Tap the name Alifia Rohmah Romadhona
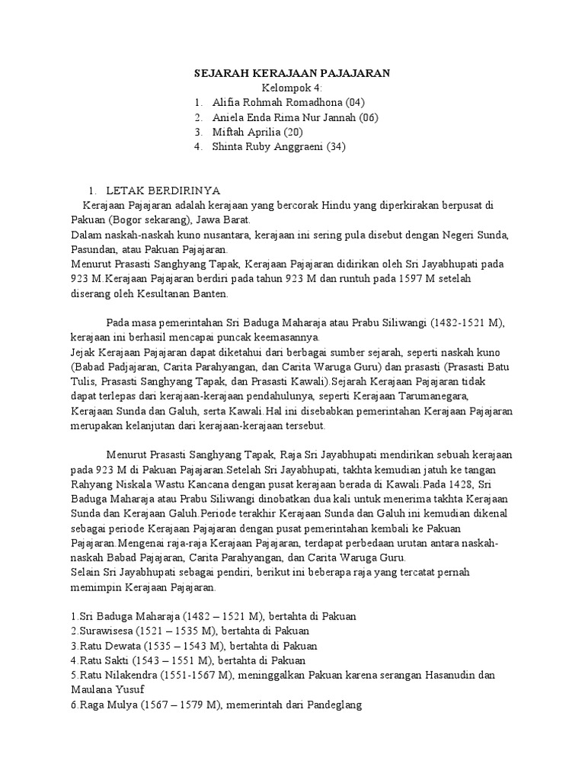point(278,102)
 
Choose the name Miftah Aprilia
point(248,132)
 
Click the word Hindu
point(313,205)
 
